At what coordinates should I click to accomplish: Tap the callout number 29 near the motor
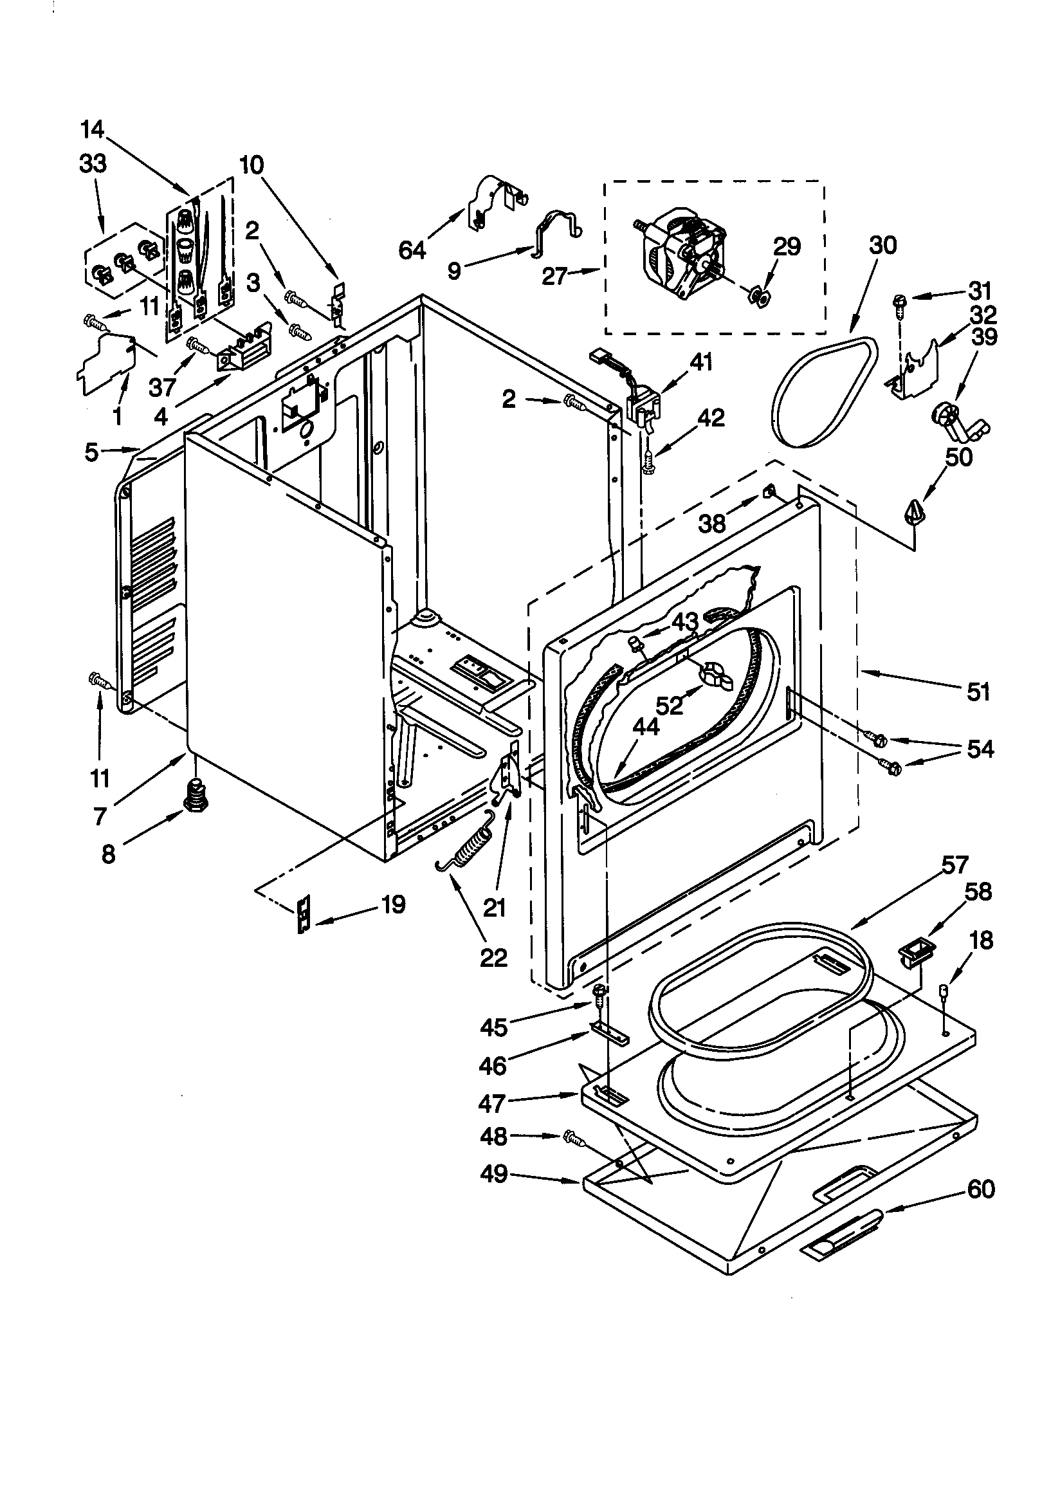point(786,247)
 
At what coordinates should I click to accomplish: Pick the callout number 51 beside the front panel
point(978,691)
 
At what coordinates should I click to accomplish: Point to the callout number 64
point(412,250)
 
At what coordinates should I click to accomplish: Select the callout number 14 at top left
point(93,129)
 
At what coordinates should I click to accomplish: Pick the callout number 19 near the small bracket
point(392,904)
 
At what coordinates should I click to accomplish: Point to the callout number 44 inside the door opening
point(646,726)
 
